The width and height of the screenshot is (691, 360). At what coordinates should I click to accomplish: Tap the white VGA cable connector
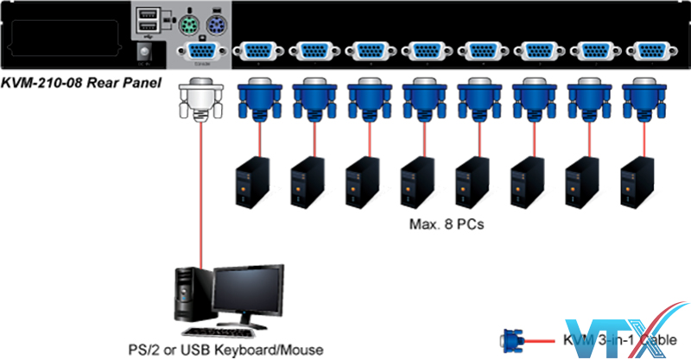tap(198, 101)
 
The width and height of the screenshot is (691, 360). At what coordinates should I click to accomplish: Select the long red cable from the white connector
tap(200, 199)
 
